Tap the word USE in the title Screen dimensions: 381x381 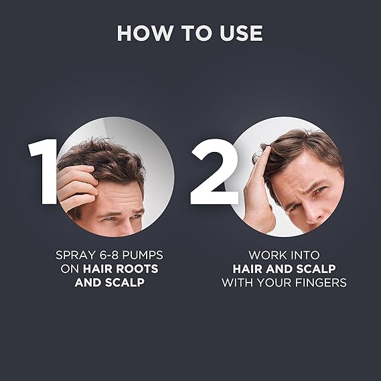(x=241, y=33)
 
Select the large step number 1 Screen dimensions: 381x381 (x=43, y=171)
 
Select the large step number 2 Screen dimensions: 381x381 (x=214, y=172)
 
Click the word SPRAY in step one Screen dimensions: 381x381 (x=76, y=255)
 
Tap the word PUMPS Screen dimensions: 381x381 (x=143, y=255)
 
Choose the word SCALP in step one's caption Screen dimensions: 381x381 (x=125, y=283)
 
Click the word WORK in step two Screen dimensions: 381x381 (x=266, y=255)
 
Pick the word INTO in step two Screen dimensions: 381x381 (x=303, y=255)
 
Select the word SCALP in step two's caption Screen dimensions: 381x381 (x=316, y=269)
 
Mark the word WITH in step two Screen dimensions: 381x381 (x=238, y=283)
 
